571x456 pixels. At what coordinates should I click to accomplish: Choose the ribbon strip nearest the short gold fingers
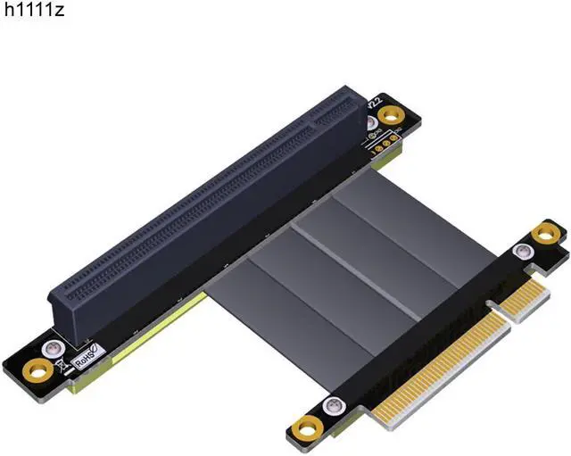pos(401,223)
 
